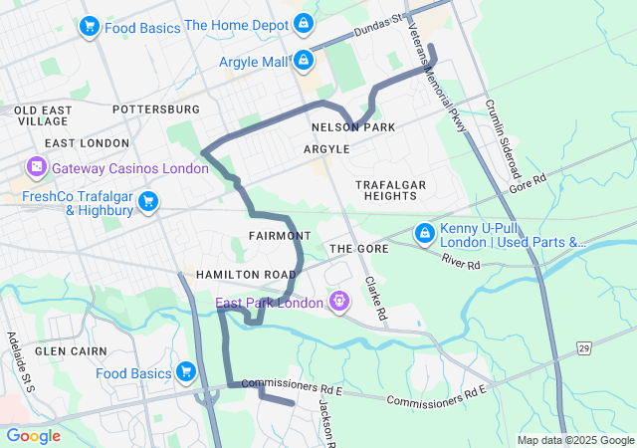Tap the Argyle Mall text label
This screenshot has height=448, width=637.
click(254, 62)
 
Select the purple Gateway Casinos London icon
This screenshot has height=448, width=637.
click(38, 167)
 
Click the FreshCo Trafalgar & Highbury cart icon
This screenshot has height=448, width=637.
click(149, 202)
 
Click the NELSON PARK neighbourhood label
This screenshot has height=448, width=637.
click(352, 127)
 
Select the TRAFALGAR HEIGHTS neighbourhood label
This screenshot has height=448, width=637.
click(391, 190)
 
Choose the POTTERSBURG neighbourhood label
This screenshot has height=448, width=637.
click(156, 109)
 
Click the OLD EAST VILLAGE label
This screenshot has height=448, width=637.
click(42, 114)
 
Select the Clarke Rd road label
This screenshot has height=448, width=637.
click(375, 298)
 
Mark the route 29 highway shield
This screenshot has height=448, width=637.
click(584, 346)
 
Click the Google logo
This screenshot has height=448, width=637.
click(34, 435)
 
